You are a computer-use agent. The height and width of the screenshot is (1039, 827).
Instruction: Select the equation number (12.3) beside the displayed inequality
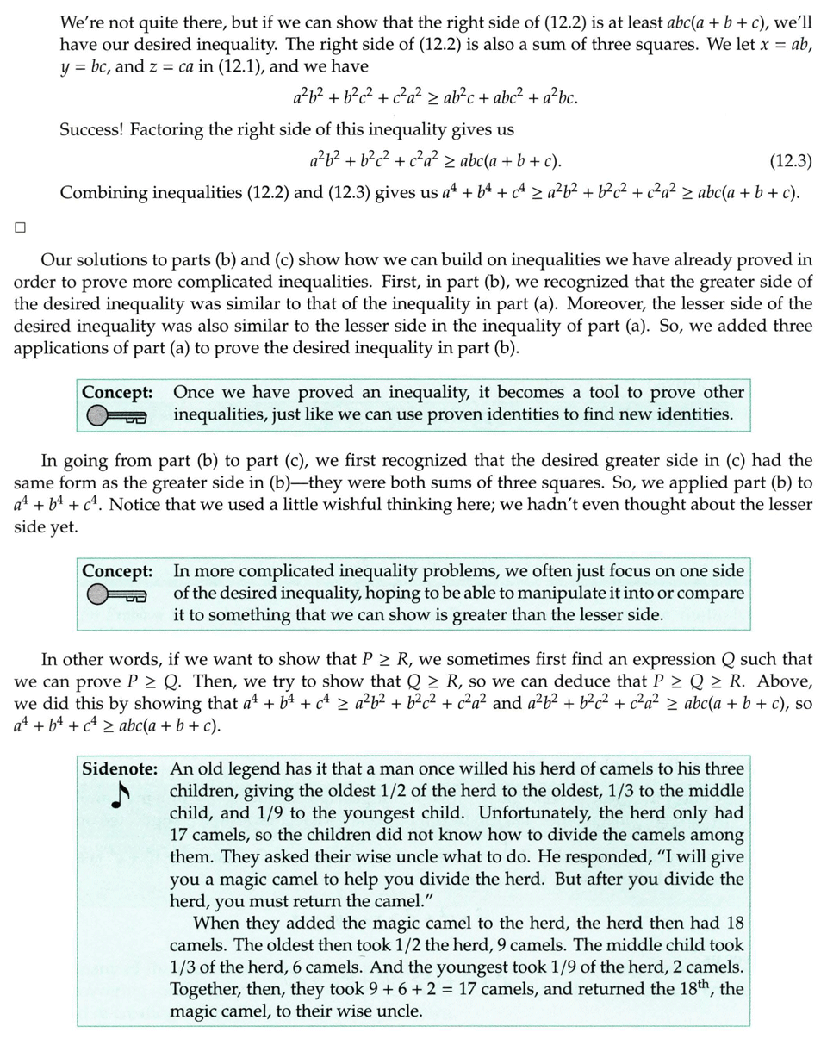(790, 161)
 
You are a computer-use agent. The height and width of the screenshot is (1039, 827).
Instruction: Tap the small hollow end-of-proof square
(20, 228)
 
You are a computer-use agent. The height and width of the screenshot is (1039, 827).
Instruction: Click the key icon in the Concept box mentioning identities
(118, 417)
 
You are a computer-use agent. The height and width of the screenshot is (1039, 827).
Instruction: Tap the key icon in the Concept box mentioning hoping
(118, 594)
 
